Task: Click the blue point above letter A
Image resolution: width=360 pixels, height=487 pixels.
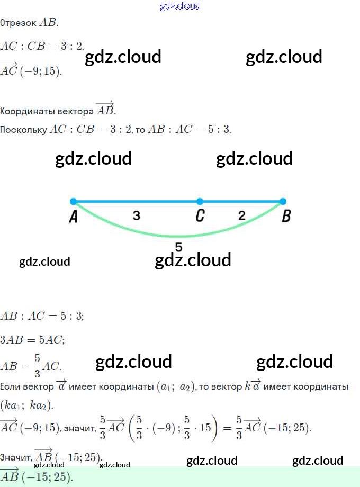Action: [x=73, y=201]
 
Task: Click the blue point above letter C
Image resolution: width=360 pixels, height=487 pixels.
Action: [x=200, y=201]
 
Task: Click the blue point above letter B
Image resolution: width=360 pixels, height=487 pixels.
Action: [x=283, y=201]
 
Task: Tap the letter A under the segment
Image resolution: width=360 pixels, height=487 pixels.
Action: [x=74, y=217]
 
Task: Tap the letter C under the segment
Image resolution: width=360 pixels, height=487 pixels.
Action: [x=200, y=216]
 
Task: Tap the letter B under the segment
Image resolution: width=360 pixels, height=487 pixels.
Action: [x=286, y=216]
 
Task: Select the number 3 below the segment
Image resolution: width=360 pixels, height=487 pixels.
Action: [x=137, y=215]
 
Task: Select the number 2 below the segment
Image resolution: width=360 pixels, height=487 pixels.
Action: [x=242, y=215]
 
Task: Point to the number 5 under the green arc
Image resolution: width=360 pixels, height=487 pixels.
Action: [x=178, y=247]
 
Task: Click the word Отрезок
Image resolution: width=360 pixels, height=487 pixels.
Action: [x=19, y=23]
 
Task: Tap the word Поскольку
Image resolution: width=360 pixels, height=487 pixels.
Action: [x=24, y=129]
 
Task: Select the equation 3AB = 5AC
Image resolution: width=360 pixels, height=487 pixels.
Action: [x=33, y=340]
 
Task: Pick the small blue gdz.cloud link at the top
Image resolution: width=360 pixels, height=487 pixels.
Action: [x=180, y=6]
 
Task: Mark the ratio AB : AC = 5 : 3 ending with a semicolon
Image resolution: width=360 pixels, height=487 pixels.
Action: [x=42, y=316]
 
